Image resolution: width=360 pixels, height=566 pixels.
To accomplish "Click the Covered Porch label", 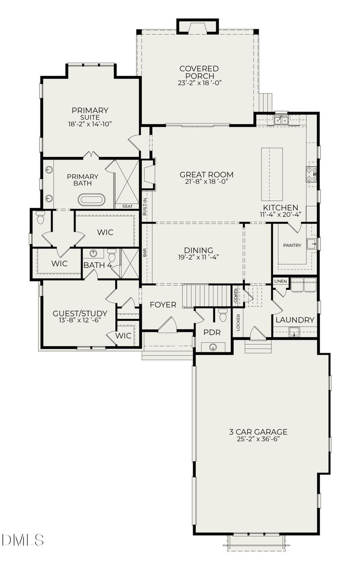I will coord(199,72).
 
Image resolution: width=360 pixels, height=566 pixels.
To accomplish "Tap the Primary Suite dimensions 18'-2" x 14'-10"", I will coord(90,124).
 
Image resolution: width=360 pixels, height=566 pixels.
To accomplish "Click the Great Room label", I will coord(206,175).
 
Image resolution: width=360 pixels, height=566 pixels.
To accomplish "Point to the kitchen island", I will coord(272,174).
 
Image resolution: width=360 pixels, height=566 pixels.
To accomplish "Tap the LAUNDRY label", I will coord(295,320).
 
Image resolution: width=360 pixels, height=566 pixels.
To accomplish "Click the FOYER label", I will coord(163,305).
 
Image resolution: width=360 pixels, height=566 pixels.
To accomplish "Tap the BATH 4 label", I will coord(97,265).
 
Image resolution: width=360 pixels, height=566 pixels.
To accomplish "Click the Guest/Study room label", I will coord(80,313).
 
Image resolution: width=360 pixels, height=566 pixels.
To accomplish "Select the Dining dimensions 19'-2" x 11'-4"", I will coord(198,258).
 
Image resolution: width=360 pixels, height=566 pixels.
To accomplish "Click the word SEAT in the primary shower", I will coord(127,206).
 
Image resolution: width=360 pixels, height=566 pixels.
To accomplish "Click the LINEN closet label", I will coord(280,281).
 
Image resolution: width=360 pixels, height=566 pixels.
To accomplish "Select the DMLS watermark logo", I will coord(22,539).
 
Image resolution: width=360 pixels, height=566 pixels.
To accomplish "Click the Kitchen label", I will coord(280,207).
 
